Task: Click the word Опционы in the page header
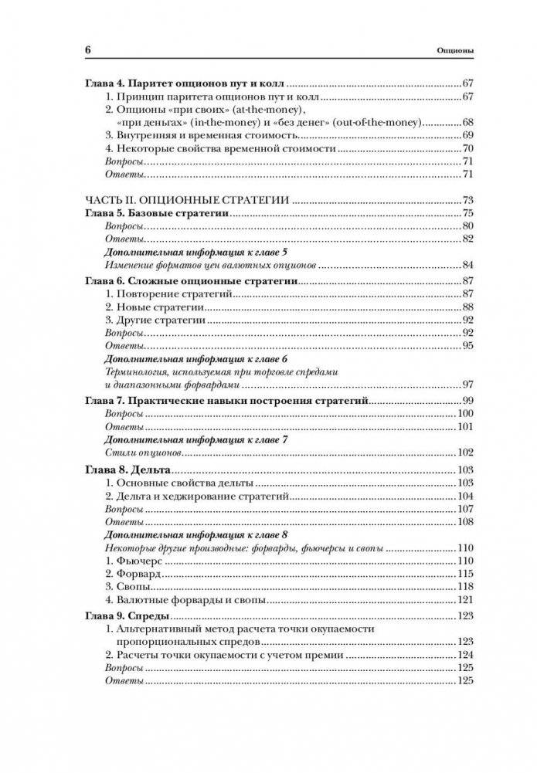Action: pyautogui.click(x=454, y=52)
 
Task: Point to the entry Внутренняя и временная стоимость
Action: pyautogui.click(x=194, y=135)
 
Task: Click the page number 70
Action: pyautogui.click(x=467, y=148)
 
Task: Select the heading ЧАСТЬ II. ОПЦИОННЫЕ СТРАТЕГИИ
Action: pyautogui.click(x=186, y=200)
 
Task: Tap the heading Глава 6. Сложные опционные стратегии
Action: pyautogui.click(x=191, y=280)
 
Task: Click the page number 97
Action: pyautogui.click(x=467, y=385)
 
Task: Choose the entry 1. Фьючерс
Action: pyautogui.click(x=132, y=561)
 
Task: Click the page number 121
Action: pyautogui.click(x=464, y=600)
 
